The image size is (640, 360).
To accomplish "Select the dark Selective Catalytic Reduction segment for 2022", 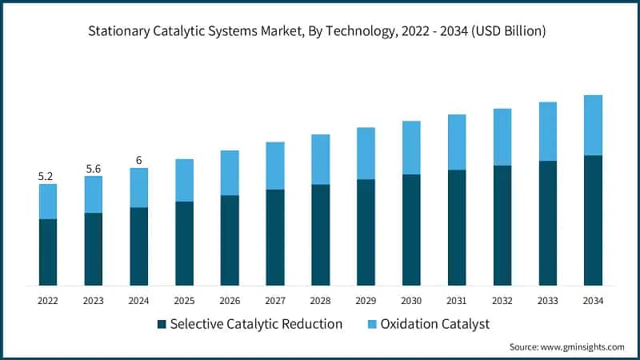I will pos(48,252).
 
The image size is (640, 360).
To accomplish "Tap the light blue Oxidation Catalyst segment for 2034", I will pos(593,125).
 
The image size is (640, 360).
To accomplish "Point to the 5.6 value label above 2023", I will pos(94,168).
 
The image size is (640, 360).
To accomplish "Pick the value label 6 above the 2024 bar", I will pos(139,160).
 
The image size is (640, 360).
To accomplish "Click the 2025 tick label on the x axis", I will pos(184,301).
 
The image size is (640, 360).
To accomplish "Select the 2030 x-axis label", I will pos(411,301).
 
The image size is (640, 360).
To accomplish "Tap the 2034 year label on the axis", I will pos(593,301).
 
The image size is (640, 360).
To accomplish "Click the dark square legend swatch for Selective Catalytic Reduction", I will pos(162,324).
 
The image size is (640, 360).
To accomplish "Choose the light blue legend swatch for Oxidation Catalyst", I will pos(373,324).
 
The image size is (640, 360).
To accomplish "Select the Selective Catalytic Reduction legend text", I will pos(256,324).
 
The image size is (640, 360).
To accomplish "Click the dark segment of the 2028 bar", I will pos(321,235).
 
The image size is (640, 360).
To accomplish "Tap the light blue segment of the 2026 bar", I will pos(230,173).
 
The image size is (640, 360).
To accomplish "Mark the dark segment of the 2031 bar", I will pos(457,228).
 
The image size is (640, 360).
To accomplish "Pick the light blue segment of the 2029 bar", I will pos(366,154).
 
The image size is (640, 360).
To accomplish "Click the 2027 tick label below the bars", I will pos(275,301).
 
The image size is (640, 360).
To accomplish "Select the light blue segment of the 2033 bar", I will pos(547,131).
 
